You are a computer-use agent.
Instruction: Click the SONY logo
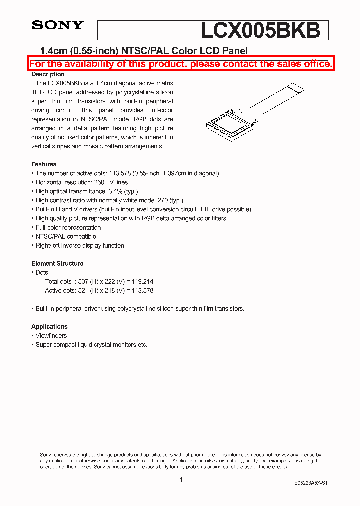pyautogui.click(x=58, y=25)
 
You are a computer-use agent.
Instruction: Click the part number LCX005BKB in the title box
pyautogui.click(x=260, y=30)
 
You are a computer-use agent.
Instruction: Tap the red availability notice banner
pyautogui.click(x=180, y=64)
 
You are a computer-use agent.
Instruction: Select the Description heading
pyautogui.click(x=48, y=74)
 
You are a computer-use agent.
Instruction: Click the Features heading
pyautogui.click(x=44, y=164)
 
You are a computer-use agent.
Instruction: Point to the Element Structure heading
pyautogui.click(x=57, y=263)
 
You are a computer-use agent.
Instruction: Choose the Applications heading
pyautogui.click(x=49, y=326)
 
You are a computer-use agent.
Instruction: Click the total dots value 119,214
pyautogui.click(x=143, y=282)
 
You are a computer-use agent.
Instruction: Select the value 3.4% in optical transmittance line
pyautogui.click(x=116, y=191)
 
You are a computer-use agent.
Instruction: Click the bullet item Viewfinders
pyautogui.click(x=51, y=336)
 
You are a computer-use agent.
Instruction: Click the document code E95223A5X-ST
pyautogui.click(x=311, y=483)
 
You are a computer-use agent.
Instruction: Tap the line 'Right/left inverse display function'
pyautogui.click(x=80, y=245)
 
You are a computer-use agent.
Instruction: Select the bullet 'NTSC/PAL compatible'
pyautogui.click(x=66, y=236)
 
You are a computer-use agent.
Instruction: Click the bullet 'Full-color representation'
pyautogui.click(x=68, y=227)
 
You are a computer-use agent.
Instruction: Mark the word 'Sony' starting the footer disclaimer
pyautogui.click(x=46, y=454)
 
